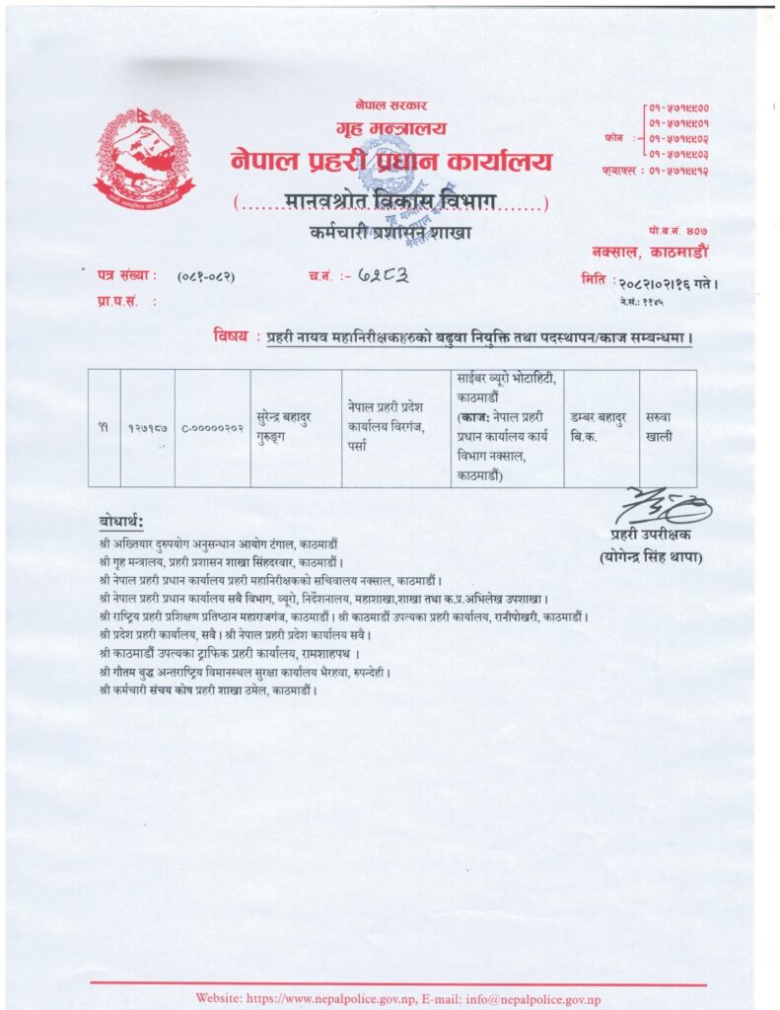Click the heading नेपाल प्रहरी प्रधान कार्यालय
click(391, 161)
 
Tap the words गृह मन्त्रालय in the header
click(391, 128)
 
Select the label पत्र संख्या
click(126, 278)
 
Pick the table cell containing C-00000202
click(212, 427)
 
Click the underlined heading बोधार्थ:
click(121, 521)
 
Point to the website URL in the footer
click(324, 998)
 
